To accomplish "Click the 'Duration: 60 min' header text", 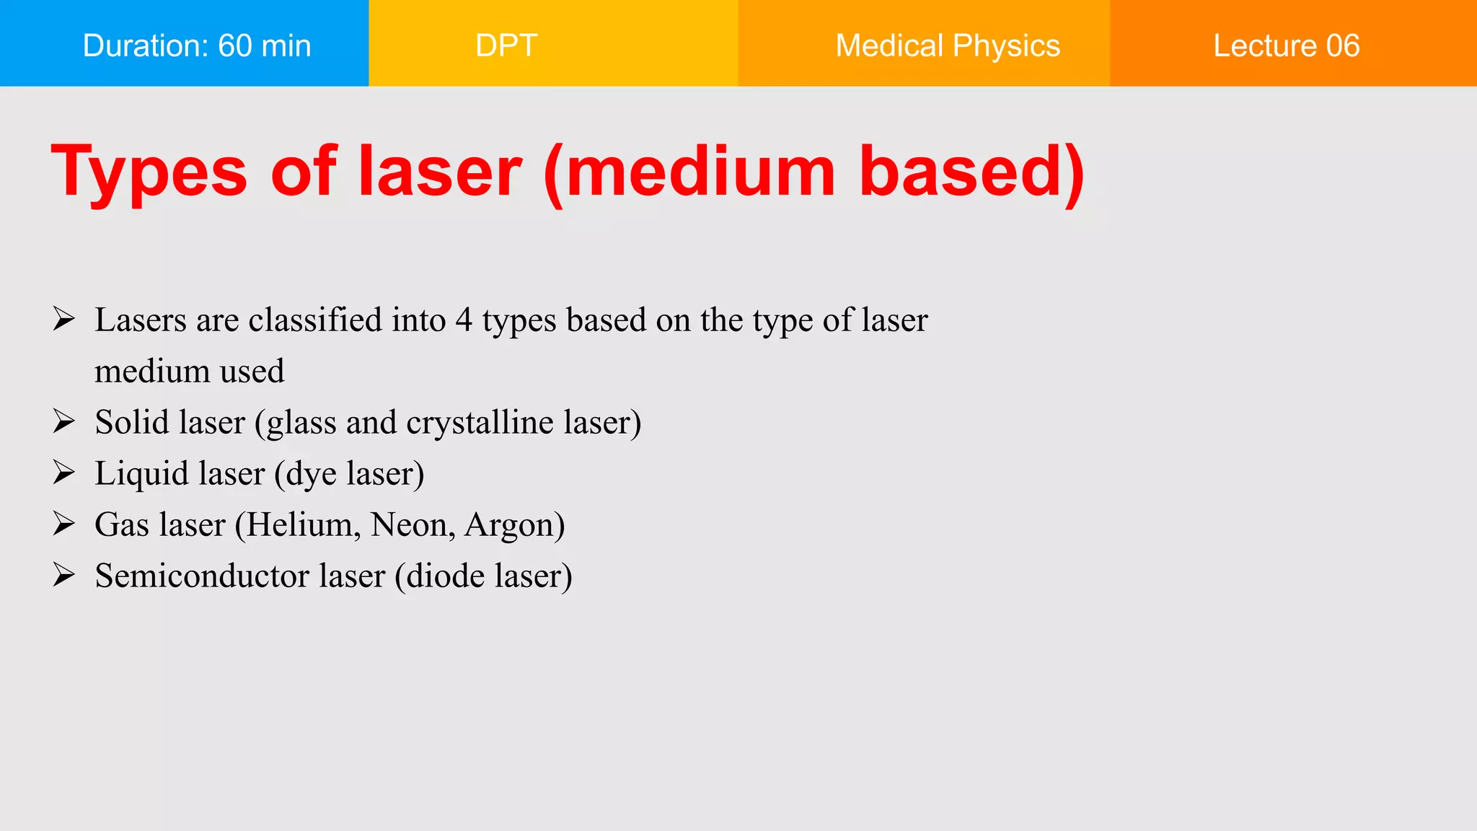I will tap(197, 45).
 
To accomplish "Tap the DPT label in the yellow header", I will tap(506, 45).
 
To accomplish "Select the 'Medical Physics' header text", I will tap(948, 45).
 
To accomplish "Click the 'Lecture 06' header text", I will tap(1286, 45).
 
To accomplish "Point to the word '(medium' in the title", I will tap(689, 173).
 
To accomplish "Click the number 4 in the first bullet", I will tap(464, 320).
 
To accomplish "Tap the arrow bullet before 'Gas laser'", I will tap(63, 524).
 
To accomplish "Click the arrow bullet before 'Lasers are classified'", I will tap(63, 319).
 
